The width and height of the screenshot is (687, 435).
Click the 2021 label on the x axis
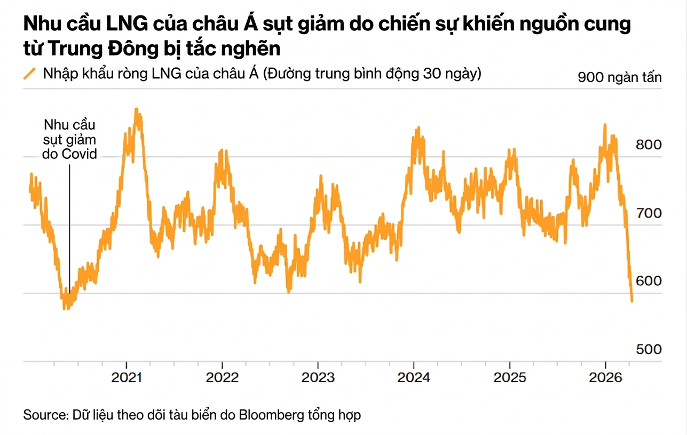pyautogui.click(x=126, y=378)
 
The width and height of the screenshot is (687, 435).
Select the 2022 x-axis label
pyautogui.click(x=222, y=378)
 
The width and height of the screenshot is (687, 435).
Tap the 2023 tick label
pyautogui.click(x=318, y=378)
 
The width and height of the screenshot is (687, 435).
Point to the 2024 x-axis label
pyautogui.click(x=414, y=378)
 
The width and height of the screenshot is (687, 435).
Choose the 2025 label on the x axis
pyautogui.click(x=510, y=378)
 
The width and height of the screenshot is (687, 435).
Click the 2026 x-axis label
pyautogui.click(x=605, y=378)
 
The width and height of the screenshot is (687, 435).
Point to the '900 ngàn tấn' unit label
pyautogui.click(x=620, y=77)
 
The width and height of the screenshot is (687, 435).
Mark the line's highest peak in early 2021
pyautogui.click(x=137, y=110)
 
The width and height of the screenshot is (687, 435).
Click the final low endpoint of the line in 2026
pyautogui.click(x=632, y=301)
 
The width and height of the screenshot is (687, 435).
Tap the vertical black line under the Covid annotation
pyautogui.click(x=70, y=224)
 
